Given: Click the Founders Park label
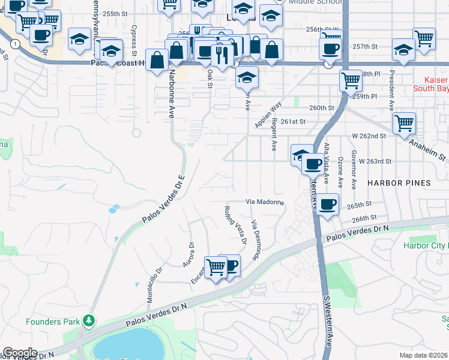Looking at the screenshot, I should pyautogui.click(x=53, y=322).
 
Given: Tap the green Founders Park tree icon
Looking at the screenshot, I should pyautogui.click(x=89, y=321).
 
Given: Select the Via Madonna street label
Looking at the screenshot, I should pyautogui.click(x=265, y=202).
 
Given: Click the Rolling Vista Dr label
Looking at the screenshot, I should pyautogui.click(x=236, y=226).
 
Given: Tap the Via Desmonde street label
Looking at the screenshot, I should pyautogui.click(x=257, y=240).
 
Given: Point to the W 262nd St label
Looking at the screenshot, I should pyautogui.click(x=369, y=136).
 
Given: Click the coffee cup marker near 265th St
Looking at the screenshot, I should pyautogui.click(x=328, y=204).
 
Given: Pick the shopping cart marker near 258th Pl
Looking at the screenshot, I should pyautogui.click(x=351, y=80).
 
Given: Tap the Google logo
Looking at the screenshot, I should pyautogui.click(x=20, y=353).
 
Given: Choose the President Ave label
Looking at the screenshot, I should pyautogui.click(x=391, y=89).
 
